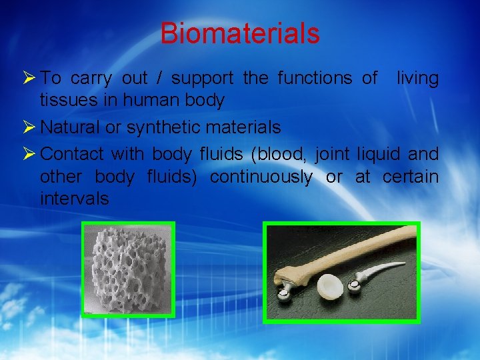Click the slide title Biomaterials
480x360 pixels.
coord(240,33)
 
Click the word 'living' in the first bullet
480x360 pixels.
coord(418,79)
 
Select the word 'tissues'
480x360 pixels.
coord(65,101)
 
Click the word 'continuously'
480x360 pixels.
coord(261,177)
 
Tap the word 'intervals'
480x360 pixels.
coord(74,199)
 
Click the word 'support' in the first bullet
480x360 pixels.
coord(202,79)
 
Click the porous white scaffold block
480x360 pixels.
coord(127,269)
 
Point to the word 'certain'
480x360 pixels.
coord(411,177)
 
